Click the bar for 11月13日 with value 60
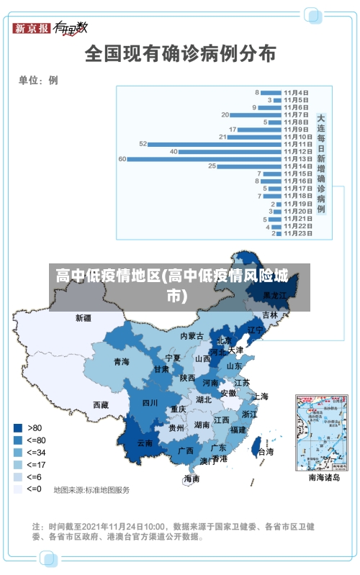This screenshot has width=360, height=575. (x=204, y=159)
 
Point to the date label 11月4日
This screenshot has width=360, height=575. (x=296, y=92)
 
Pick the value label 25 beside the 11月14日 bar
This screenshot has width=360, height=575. (x=212, y=166)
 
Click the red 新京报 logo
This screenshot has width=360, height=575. (x=32, y=28)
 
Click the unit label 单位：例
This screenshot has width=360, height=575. (x=37, y=81)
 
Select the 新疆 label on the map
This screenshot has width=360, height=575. (x=84, y=317)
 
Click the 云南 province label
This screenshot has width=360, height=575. (x=145, y=443)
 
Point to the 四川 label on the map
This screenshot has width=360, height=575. (x=150, y=403)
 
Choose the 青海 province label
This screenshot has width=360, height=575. (x=121, y=361)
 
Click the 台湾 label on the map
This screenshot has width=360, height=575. (x=265, y=452)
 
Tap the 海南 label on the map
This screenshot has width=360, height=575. (x=192, y=479)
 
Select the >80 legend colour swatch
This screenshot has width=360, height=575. (x=17, y=427)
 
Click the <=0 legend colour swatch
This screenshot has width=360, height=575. (x=17, y=489)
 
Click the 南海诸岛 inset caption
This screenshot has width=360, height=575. (x=323, y=476)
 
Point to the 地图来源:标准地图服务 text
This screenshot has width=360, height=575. (x=91, y=490)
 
